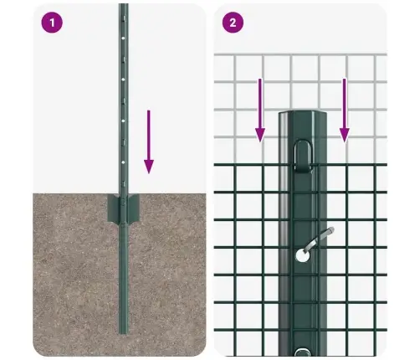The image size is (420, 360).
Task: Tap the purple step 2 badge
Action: [231, 23]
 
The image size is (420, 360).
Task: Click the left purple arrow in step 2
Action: [260, 109]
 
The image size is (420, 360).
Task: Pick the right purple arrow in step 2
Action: [344, 109]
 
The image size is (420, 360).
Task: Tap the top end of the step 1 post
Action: [122, 7]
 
